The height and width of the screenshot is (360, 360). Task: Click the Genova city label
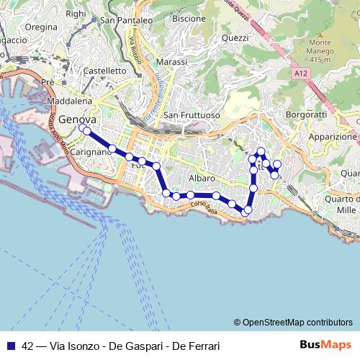[x=78, y=120]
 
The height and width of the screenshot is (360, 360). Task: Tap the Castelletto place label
[x=105, y=71]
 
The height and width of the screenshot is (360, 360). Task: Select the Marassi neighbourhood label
[x=170, y=63]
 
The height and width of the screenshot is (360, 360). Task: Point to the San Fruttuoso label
[x=191, y=115]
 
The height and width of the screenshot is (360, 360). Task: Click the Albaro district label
[x=201, y=178]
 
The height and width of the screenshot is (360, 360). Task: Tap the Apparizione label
[x=333, y=136]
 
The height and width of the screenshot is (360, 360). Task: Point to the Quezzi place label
[x=235, y=37]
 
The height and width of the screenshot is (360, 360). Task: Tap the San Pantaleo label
[x=126, y=21]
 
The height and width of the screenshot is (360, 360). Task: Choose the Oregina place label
[x=40, y=27]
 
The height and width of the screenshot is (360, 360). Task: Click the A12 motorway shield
[x=302, y=73]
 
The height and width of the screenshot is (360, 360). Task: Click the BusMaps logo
[x=325, y=344]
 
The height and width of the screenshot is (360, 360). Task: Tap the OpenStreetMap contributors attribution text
[x=293, y=323]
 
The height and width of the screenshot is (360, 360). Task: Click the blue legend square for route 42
[x=12, y=345]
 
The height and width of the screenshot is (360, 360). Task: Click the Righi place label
[x=75, y=13]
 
